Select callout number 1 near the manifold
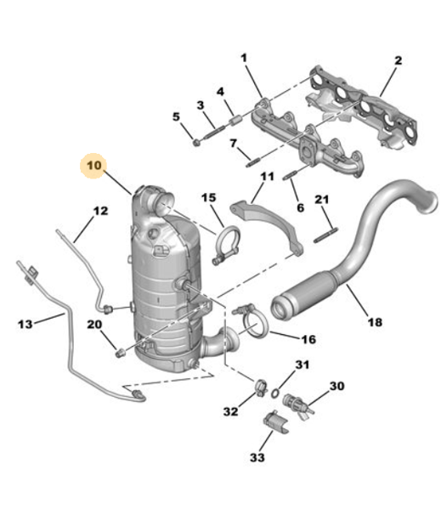click(244, 58)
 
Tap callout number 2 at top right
click(398, 61)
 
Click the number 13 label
click(25, 324)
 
